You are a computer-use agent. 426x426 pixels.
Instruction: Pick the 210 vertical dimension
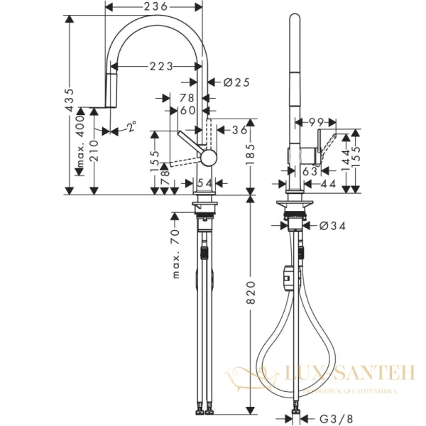(94, 150)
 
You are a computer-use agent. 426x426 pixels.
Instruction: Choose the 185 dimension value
(250, 151)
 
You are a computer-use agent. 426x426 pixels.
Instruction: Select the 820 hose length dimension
(250, 301)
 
